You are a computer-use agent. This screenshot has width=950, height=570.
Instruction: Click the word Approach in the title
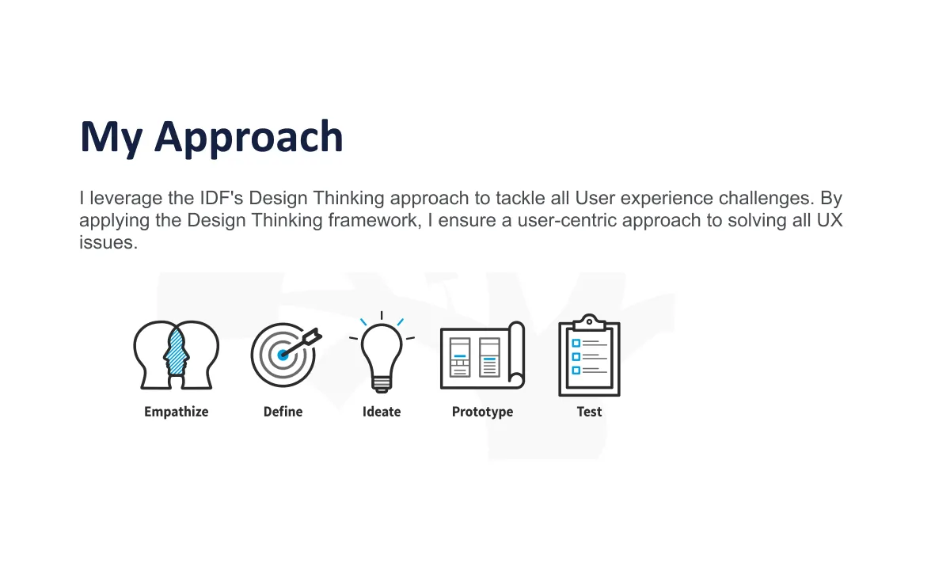click(x=249, y=139)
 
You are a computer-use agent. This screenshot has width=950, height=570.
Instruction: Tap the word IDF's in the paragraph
click(x=221, y=198)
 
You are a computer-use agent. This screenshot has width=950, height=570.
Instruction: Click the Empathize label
click(x=177, y=412)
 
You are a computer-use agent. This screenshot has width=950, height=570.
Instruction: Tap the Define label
click(x=283, y=412)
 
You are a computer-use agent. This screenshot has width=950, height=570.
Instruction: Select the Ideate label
click(x=382, y=412)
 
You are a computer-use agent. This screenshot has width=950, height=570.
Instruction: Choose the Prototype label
click(x=483, y=412)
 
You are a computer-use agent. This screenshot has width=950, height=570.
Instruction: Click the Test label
click(x=590, y=412)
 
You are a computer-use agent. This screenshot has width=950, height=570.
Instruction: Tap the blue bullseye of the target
click(x=283, y=355)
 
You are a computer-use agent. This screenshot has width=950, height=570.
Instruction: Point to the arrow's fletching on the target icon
click(x=313, y=336)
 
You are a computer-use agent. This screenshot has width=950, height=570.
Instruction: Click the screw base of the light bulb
click(x=382, y=384)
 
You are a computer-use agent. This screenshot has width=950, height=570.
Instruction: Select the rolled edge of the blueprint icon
click(x=516, y=355)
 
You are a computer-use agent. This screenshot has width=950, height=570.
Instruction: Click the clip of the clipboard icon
click(x=589, y=323)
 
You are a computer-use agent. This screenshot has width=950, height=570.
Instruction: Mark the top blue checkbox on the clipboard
click(x=576, y=343)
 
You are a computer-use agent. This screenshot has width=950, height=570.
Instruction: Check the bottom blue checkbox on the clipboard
click(x=576, y=370)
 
